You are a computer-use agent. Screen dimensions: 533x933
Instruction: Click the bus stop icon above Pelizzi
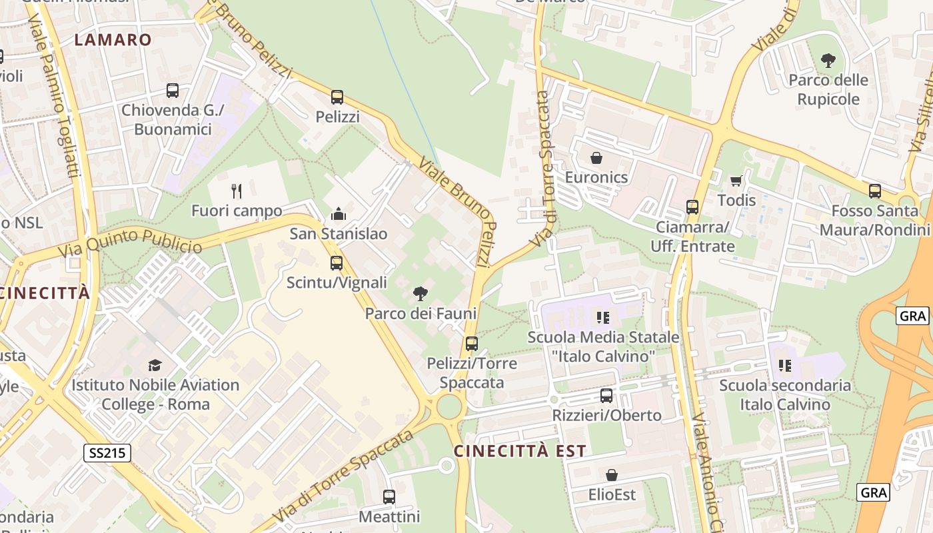tap(337, 97)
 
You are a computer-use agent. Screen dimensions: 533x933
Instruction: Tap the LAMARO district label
tap(113, 39)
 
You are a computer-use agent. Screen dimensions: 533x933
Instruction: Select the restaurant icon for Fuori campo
tap(237, 191)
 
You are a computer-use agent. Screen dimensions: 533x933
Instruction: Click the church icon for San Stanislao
tap(339, 214)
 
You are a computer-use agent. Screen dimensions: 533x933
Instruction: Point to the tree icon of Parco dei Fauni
tap(420, 293)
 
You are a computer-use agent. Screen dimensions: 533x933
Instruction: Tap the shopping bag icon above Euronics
tap(596, 158)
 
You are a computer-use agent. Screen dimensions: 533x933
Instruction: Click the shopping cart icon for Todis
tap(736, 181)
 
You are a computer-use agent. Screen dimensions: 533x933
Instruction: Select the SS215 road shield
tap(108, 454)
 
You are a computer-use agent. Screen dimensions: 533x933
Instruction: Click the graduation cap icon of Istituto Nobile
tap(155, 365)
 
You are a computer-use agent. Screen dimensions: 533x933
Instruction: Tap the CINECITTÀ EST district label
tap(520, 451)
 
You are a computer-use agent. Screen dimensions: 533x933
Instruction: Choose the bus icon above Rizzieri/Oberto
tap(606, 396)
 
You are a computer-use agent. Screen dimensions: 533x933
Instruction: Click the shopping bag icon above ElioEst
tap(612, 475)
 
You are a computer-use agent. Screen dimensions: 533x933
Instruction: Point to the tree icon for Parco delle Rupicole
tap(828, 61)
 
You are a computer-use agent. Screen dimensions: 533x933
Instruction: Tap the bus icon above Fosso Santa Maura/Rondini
tap(875, 191)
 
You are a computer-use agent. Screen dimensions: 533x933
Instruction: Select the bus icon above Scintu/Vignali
tap(337, 263)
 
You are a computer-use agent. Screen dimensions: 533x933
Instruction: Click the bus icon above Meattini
tap(389, 497)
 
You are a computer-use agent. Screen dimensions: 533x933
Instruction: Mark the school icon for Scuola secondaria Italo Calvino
tap(785, 365)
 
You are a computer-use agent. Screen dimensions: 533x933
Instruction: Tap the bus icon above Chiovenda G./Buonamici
tap(173, 91)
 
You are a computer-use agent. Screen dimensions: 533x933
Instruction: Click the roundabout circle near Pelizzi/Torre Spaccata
tap(449, 406)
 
